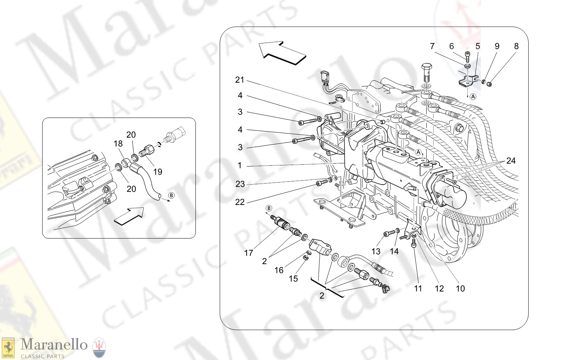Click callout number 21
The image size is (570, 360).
[239, 80]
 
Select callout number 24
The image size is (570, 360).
[511, 161]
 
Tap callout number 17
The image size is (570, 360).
[248, 253]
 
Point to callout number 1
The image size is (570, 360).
[240, 165]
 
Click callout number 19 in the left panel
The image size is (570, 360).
[158, 172]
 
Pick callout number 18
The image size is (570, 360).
[118, 144]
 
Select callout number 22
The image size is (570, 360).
[240, 202]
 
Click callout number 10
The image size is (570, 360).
[460, 289]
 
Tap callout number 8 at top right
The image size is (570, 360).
[516, 46]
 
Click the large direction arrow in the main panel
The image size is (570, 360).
[282, 53]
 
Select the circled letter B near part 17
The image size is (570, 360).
[269, 208]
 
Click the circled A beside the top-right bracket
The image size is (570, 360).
[473, 97]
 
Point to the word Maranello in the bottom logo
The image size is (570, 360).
[54, 345]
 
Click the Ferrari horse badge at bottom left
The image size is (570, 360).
[8, 348]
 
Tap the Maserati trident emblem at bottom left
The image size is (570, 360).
[99, 348]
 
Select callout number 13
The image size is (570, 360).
[376, 252]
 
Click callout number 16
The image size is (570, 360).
[279, 271]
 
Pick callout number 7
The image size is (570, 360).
[432, 46]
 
